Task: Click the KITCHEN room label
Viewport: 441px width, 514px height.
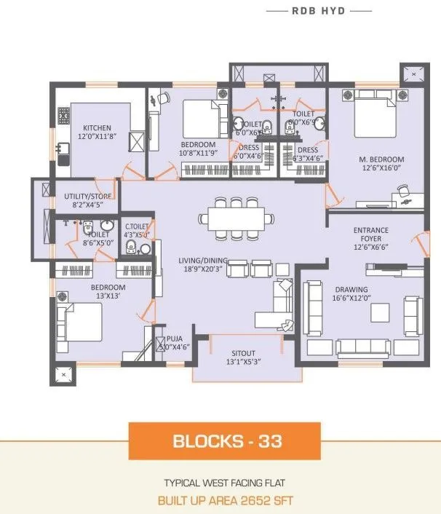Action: (97, 127)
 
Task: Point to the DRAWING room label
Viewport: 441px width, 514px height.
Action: (351, 289)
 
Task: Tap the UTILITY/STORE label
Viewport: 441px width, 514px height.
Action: (87, 197)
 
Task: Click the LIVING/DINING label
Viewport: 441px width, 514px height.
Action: (204, 261)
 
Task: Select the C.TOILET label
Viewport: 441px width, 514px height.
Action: (137, 226)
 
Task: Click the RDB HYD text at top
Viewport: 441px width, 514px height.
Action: (319, 12)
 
